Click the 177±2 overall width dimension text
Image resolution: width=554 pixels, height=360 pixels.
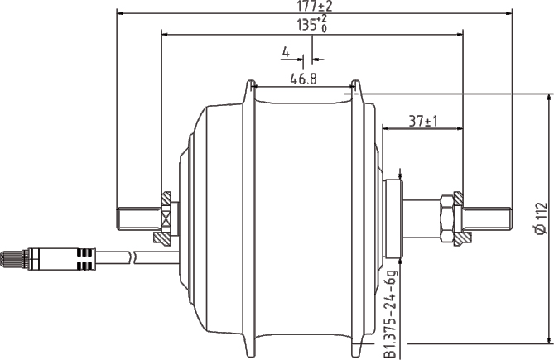(313, 7)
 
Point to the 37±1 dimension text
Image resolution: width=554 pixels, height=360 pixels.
(423, 122)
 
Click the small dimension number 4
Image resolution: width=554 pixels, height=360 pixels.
(285, 52)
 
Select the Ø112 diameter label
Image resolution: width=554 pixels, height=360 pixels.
(539, 218)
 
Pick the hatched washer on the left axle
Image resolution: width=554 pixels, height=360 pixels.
(164, 218)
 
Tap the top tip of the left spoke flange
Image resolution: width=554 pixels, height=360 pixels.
(248, 83)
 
